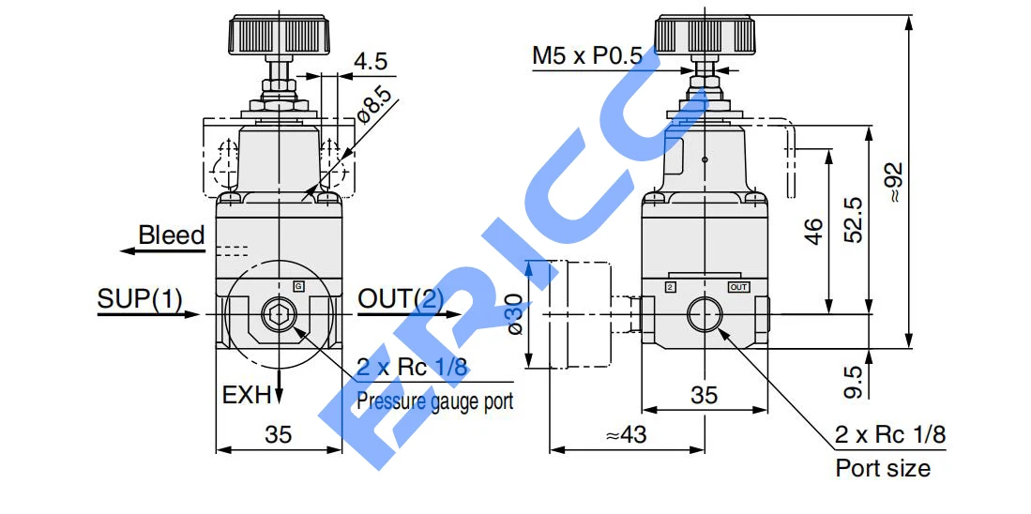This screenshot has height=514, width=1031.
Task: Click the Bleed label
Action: click(172, 235)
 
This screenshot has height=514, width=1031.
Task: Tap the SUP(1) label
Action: click(140, 299)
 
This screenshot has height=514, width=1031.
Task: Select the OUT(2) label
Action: click(401, 299)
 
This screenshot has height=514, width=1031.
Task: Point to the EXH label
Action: click(247, 395)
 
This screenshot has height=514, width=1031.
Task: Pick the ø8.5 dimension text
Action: click(374, 104)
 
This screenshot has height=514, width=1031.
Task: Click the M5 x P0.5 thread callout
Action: click(586, 56)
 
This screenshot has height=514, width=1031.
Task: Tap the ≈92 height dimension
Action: click(895, 182)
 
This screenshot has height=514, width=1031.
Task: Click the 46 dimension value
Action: click(814, 232)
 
